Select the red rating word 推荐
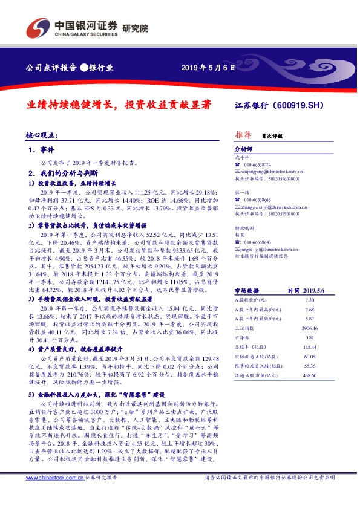click(x=243, y=135)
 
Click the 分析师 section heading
click(x=243, y=148)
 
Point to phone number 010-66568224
click(x=256, y=164)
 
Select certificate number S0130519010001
click(x=281, y=213)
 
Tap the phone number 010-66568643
click(x=256, y=242)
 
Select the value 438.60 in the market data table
click(x=310, y=375)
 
